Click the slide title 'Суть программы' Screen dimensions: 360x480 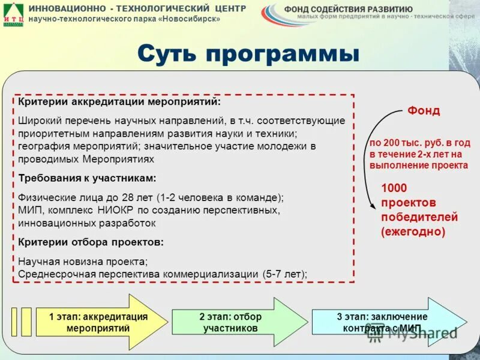[x=248, y=55]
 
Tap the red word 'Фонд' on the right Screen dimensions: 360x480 [x=424, y=111]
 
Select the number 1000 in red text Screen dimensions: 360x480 [x=394, y=188]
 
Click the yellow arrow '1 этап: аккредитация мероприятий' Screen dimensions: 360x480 [x=99, y=322]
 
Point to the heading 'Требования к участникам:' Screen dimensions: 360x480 [x=87, y=178]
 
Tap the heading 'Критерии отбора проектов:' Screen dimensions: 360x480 [x=91, y=242]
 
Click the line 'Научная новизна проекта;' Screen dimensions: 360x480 [x=83, y=262]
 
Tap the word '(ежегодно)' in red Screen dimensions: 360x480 [x=413, y=231]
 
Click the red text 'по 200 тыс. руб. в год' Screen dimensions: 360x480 [x=419, y=143]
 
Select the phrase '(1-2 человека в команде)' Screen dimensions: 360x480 [x=221, y=197]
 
